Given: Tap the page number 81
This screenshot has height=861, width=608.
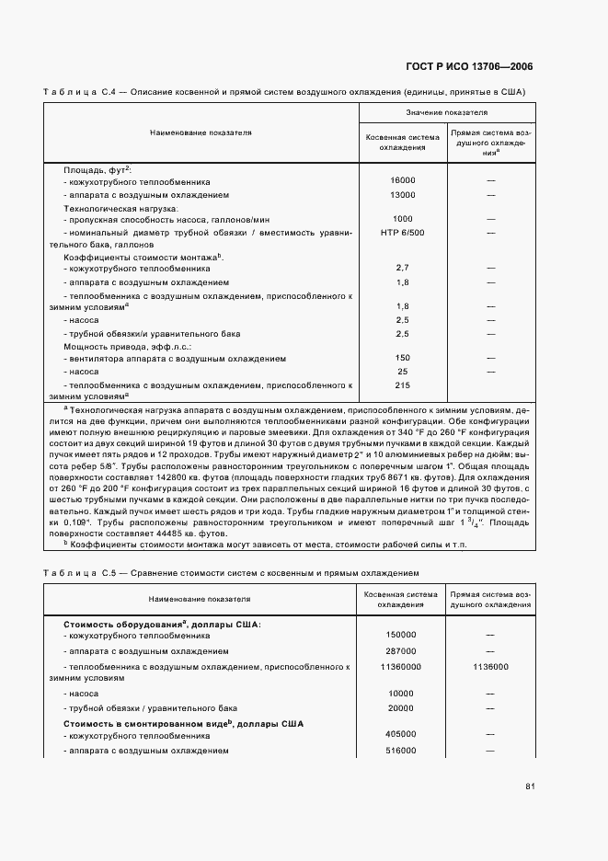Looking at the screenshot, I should coord(530,786).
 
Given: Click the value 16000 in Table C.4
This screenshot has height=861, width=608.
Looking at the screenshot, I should coord(402,181).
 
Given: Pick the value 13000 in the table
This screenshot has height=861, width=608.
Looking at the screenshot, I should coord(402,195).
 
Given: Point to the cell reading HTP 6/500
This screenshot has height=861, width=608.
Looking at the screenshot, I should coord(402,233).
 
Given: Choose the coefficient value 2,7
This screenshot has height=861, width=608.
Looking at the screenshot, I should coord(402,268).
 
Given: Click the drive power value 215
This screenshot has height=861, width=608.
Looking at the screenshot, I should coord(402,385).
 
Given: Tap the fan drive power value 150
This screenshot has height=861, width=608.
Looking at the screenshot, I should coord(402,358).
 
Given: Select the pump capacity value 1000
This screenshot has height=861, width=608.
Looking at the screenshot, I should coord(402,219).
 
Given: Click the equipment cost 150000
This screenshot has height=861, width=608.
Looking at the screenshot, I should coord(402,635).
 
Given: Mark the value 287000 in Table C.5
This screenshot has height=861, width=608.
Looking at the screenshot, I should coord(402,650).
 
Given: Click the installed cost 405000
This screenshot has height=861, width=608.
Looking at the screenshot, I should coord(402,736).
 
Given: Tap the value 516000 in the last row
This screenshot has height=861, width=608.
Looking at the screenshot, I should coord(402,751).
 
